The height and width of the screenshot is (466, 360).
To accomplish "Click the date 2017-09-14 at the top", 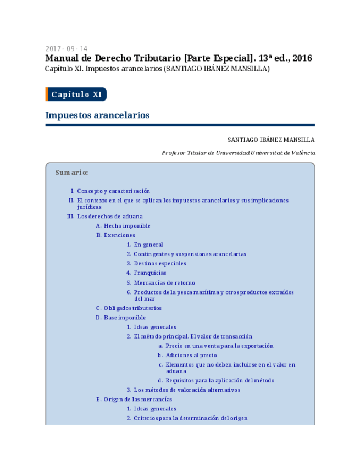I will [66, 48].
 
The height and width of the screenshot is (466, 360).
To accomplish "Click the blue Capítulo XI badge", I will [76, 95].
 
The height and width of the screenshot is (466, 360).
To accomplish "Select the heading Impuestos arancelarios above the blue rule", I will [97, 115].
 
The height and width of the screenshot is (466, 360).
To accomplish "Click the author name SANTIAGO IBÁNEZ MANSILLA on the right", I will [271, 140].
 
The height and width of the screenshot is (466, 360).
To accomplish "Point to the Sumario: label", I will [71, 173].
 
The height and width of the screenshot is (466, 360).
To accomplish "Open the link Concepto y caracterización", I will [113, 191].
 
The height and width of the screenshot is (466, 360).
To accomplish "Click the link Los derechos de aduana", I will [110, 217].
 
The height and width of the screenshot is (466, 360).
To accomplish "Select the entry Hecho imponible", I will [127, 226].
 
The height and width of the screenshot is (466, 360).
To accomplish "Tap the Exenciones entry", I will [119, 235].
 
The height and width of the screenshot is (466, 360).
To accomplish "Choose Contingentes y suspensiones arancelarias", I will [190, 254].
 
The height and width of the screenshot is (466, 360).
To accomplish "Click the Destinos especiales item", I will [160, 264].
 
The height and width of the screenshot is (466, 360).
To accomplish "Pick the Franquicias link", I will [150, 273].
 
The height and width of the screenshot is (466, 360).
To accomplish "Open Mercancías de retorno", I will [164, 283].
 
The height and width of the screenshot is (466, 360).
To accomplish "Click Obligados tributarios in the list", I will [132, 308].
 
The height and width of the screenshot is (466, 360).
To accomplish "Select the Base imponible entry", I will [125, 318].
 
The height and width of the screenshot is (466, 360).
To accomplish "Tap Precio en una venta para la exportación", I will [219, 346].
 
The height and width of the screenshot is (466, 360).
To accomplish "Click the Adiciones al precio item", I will [191, 356].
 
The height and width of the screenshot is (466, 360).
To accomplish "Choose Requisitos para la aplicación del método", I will [220, 381].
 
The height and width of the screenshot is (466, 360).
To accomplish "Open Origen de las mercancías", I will [137, 400].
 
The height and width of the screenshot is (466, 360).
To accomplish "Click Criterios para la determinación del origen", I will [190, 418].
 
